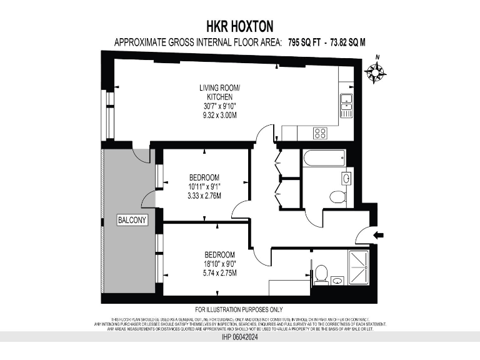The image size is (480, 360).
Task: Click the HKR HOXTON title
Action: [x=239, y=26]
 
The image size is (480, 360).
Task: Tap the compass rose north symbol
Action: [x=376, y=72]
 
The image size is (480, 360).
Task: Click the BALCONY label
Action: [x=132, y=220]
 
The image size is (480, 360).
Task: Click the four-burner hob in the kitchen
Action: [x=321, y=133]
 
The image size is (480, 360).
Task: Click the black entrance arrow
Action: [x=379, y=235]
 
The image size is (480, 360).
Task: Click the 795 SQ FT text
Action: [x=307, y=42]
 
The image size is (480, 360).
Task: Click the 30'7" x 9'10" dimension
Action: [x=215, y=106]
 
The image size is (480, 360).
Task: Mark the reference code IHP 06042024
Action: [x=239, y=337]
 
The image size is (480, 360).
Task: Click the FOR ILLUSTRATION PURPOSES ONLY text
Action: [x=239, y=309]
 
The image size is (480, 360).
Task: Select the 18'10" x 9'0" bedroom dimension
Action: [x=219, y=264]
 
